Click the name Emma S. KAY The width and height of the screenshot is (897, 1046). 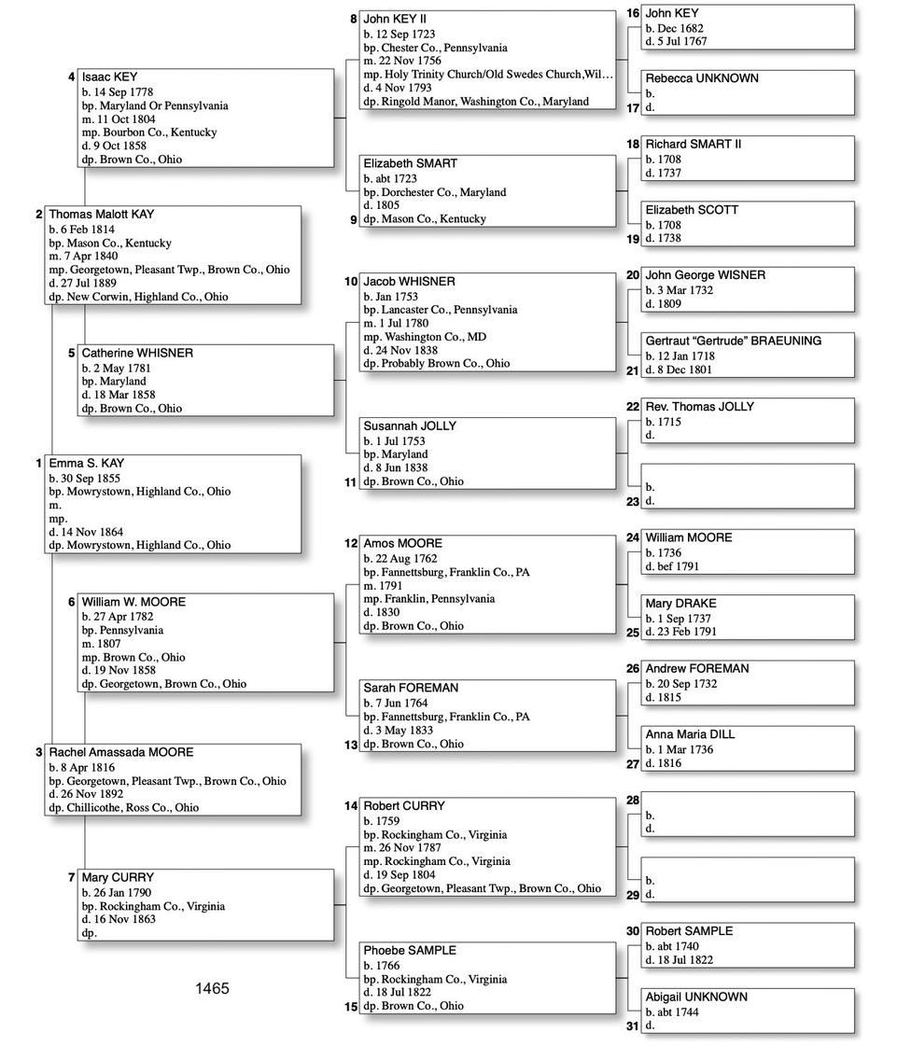click(87, 464)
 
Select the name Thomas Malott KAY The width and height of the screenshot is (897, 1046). click(102, 215)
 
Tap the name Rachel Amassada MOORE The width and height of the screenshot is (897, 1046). click(121, 752)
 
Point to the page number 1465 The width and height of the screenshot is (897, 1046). click(212, 988)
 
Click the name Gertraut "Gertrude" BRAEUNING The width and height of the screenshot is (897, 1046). click(733, 341)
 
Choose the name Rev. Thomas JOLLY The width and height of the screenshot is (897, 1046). click(699, 407)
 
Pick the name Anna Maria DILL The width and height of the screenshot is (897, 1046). click(690, 734)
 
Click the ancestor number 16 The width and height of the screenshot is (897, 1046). click(633, 13)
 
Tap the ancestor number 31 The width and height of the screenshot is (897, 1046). click(633, 1026)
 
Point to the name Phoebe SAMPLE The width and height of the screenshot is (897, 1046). click(410, 950)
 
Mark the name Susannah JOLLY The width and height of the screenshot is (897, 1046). click(410, 425)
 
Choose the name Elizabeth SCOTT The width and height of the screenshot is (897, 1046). click(691, 210)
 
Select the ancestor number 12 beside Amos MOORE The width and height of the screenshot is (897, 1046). click(351, 543)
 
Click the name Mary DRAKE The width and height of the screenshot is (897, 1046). click(680, 604)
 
